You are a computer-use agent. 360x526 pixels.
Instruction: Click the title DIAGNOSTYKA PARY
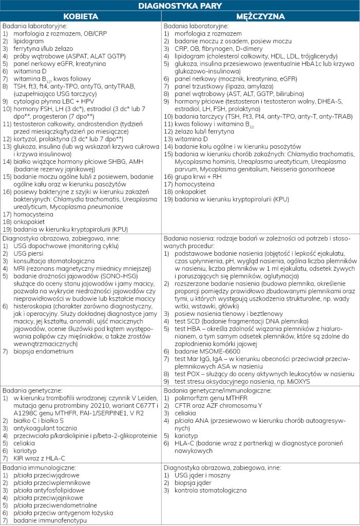tap(180, 6)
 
